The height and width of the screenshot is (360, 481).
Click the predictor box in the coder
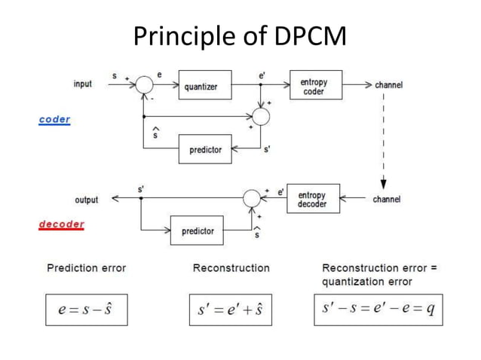[x=205, y=150]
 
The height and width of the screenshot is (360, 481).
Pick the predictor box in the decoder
[x=198, y=230]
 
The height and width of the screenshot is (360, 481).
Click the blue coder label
[x=54, y=120]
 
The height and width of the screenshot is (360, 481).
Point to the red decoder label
[x=61, y=224]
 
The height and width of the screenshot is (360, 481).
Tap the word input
[x=83, y=84]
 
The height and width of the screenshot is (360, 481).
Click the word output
[x=86, y=200]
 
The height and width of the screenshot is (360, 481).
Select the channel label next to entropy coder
[x=388, y=85]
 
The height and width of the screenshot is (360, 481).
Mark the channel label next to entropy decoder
[x=386, y=200]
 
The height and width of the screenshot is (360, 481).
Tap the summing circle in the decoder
[x=250, y=199]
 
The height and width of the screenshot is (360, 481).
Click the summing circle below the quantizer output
[x=260, y=117]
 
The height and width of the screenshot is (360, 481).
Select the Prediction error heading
[x=86, y=267]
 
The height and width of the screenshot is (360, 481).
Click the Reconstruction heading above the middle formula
[x=231, y=267]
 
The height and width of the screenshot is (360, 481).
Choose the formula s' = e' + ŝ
[x=230, y=310]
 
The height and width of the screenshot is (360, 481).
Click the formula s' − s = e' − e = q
[x=378, y=310]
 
